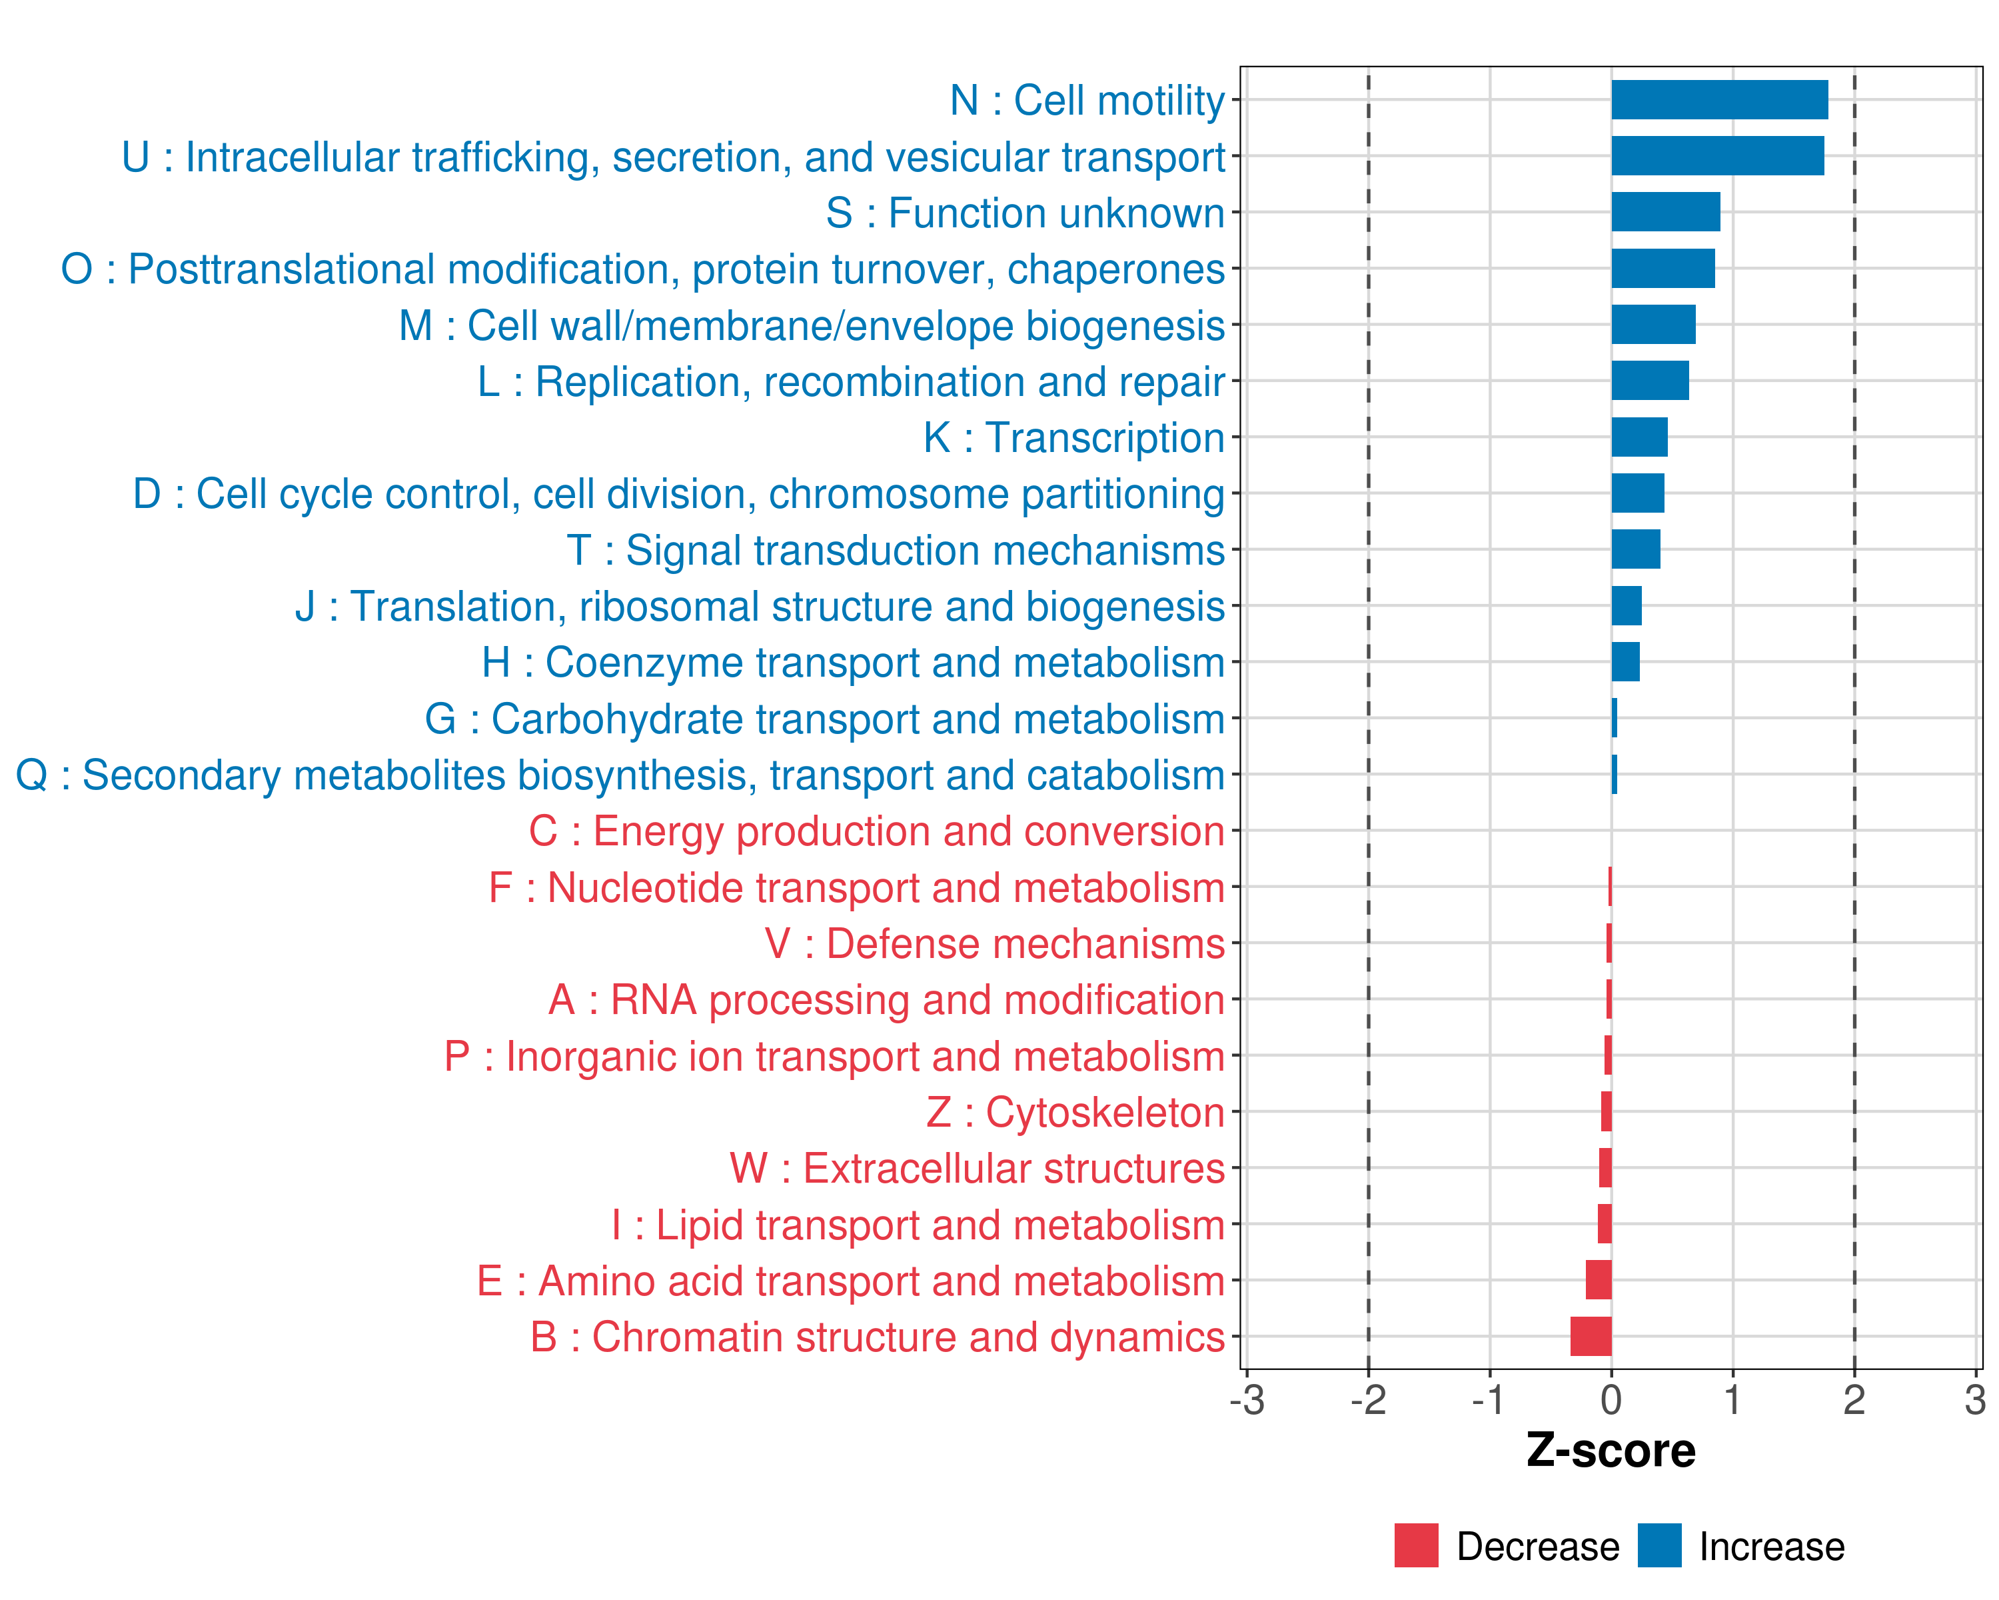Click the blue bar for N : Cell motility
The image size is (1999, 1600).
tap(1719, 100)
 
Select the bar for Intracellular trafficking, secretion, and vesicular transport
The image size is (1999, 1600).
tap(1717, 156)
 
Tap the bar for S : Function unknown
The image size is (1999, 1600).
tap(1665, 213)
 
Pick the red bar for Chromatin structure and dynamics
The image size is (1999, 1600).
tap(1591, 1337)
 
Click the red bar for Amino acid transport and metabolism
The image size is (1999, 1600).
tap(1599, 1280)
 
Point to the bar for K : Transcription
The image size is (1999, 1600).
tap(1639, 437)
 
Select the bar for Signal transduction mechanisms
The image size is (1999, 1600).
tap(1636, 549)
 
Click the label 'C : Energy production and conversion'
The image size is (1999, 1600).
tap(876, 831)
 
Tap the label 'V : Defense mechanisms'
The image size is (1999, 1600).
tap(995, 943)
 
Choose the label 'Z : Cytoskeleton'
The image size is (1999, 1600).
tap(1075, 1112)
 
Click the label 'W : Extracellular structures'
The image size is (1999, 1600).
tap(978, 1169)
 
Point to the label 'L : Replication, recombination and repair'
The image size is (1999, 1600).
tap(851, 381)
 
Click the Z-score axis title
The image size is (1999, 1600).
tap(1611, 1451)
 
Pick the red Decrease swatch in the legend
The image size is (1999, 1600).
tap(1416, 1545)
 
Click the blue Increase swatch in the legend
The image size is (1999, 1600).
tap(1659, 1545)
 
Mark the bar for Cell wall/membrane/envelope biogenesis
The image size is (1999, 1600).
tap(1653, 325)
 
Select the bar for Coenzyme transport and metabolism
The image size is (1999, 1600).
tap(1625, 662)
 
